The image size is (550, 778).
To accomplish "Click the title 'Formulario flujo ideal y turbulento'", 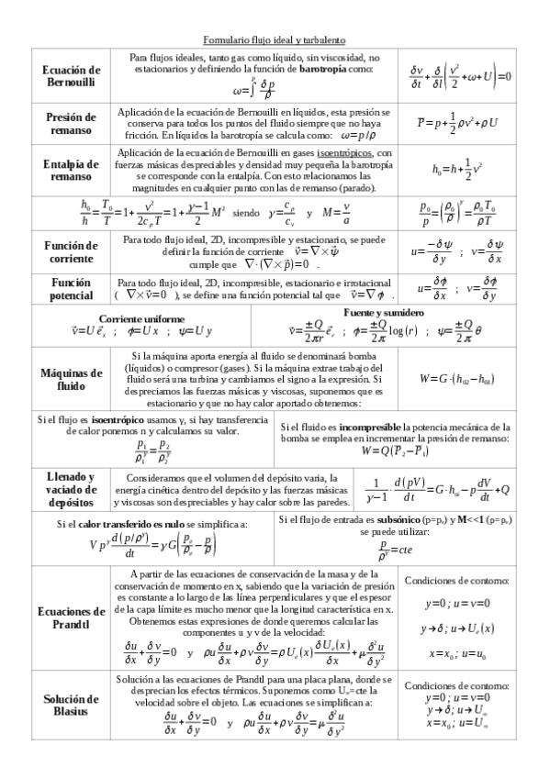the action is (x=274, y=40).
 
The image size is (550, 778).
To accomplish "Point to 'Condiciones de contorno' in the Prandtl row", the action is (x=456, y=581).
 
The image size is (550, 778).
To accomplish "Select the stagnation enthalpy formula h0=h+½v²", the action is (x=456, y=169).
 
